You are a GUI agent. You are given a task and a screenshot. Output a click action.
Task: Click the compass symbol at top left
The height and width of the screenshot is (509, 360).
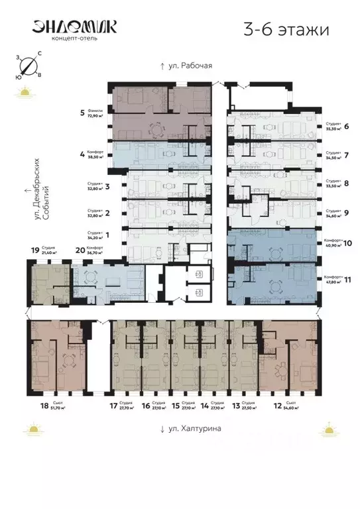coord(27,66)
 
